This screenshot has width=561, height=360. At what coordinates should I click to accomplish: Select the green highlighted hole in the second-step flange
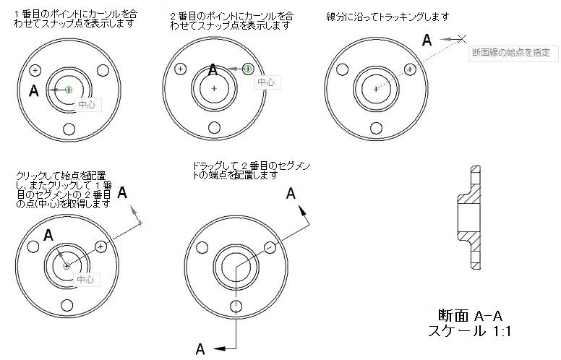click(249, 69)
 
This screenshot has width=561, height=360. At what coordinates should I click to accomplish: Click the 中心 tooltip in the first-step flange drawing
click(86, 105)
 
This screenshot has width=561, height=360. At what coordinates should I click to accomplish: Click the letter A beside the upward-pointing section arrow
click(291, 193)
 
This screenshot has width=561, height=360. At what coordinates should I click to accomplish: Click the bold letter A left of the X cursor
click(427, 40)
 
